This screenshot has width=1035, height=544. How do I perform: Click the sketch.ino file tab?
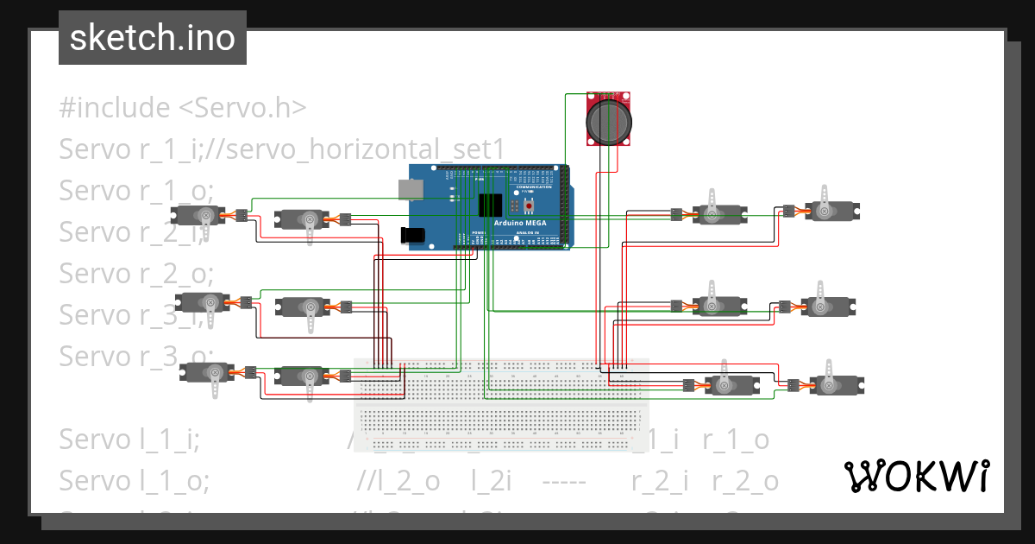(x=153, y=38)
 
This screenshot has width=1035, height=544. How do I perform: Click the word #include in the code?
(x=115, y=108)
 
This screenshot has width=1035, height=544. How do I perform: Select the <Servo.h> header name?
(x=242, y=108)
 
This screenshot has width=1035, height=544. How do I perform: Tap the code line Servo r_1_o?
(x=135, y=191)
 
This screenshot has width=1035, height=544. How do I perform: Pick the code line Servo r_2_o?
(x=135, y=274)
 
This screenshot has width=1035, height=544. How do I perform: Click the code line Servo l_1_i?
(x=129, y=440)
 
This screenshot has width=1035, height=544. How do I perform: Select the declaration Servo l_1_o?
(x=134, y=481)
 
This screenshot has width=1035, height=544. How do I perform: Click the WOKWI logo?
(x=916, y=476)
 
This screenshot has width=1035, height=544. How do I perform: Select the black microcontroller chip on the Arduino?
(x=490, y=205)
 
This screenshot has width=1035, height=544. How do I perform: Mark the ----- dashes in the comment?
(x=564, y=481)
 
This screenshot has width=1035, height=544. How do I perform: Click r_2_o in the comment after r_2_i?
(x=745, y=481)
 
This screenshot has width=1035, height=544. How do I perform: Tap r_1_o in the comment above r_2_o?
(x=736, y=440)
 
